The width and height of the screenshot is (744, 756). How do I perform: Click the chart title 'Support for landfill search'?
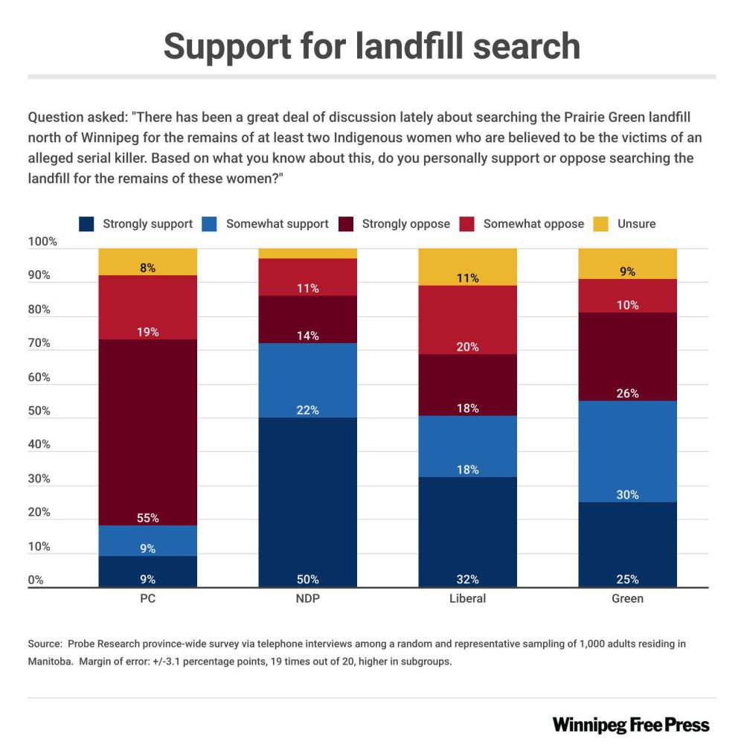pyautogui.click(x=371, y=46)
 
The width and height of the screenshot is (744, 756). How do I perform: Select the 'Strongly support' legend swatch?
pyautogui.click(x=89, y=223)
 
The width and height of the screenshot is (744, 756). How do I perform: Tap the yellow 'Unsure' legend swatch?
pyautogui.click(x=602, y=223)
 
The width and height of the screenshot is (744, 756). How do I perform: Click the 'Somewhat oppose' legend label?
pyautogui.click(x=533, y=223)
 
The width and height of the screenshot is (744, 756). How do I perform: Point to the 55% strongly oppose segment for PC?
pyautogui.click(x=148, y=432)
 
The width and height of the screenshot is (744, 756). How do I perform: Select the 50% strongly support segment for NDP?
pyautogui.click(x=308, y=502)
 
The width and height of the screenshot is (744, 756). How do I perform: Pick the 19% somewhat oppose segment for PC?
pyautogui.click(x=148, y=307)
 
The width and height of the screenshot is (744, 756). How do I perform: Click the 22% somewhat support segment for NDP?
pyautogui.click(x=308, y=379)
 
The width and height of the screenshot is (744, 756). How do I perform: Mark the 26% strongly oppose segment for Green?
pyautogui.click(x=628, y=356)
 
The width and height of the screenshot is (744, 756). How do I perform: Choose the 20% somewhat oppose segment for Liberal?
pyautogui.click(x=468, y=319)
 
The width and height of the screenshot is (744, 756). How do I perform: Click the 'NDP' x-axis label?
pyautogui.click(x=308, y=599)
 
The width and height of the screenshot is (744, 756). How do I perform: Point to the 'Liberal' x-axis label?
pyautogui.click(x=468, y=599)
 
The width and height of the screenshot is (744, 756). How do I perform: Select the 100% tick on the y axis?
pyautogui.click(x=42, y=242)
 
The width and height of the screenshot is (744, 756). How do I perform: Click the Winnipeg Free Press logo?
pyautogui.click(x=631, y=725)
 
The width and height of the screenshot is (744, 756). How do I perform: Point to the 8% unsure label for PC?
pyautogui.click(x=148, y=268)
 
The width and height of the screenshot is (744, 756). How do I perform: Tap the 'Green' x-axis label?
pyautogui.click(x=628, y=599)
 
